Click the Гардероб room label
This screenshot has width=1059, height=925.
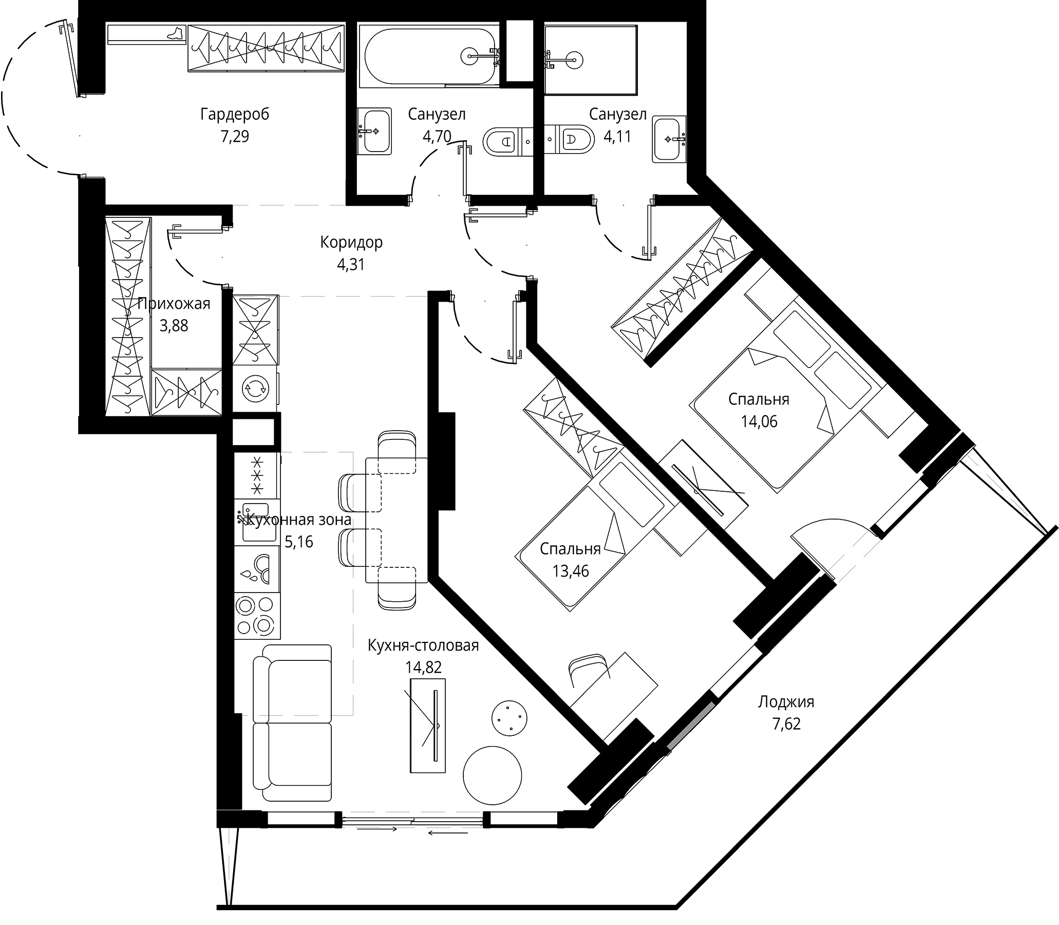coord(235,114)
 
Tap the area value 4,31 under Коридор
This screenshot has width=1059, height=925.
coord(351,265)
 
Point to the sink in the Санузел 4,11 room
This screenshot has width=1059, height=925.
coord(669,139)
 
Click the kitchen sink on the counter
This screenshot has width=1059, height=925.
coord(256,522)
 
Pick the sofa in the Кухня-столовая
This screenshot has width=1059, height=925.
coord(292,722)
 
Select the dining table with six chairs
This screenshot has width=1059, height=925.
coord(396,520)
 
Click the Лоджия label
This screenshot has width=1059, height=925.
coord(786,702)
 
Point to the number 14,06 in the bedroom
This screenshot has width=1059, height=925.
coord(759,422)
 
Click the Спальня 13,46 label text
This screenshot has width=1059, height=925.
coord(570,549)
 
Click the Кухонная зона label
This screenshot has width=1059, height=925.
coord(299,520)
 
